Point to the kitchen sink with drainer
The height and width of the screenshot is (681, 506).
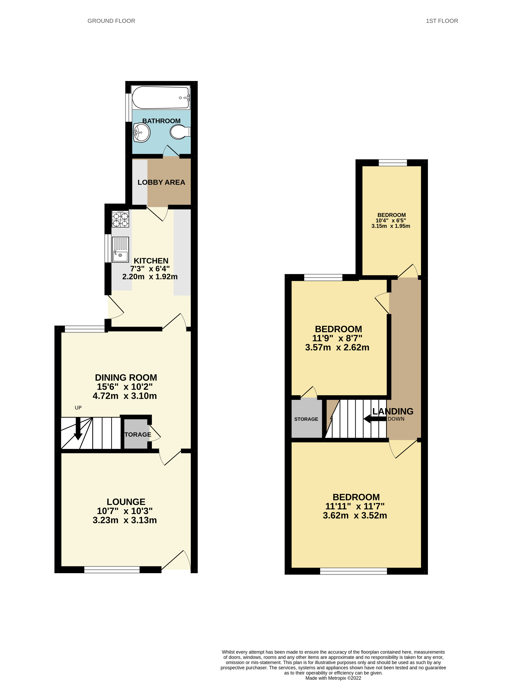pyautogui.click(x=120, y=250)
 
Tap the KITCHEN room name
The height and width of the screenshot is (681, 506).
pyautogui.click(x=151, y=261)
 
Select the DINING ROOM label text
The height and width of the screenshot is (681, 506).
pyautogui.click(x=126, y=378)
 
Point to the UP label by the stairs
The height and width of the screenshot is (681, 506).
pyautogui.click(x=78, y=408)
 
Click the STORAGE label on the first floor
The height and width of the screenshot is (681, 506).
pyautogui.click(x=306, y=419)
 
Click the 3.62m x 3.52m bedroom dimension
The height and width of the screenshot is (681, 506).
pyautogui.click(x=355, y=515)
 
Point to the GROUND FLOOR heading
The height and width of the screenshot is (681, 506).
pyautogui.click(x=111, y=21)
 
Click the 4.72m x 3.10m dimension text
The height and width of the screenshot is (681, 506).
pyautogui.click(x=125, y=396)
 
